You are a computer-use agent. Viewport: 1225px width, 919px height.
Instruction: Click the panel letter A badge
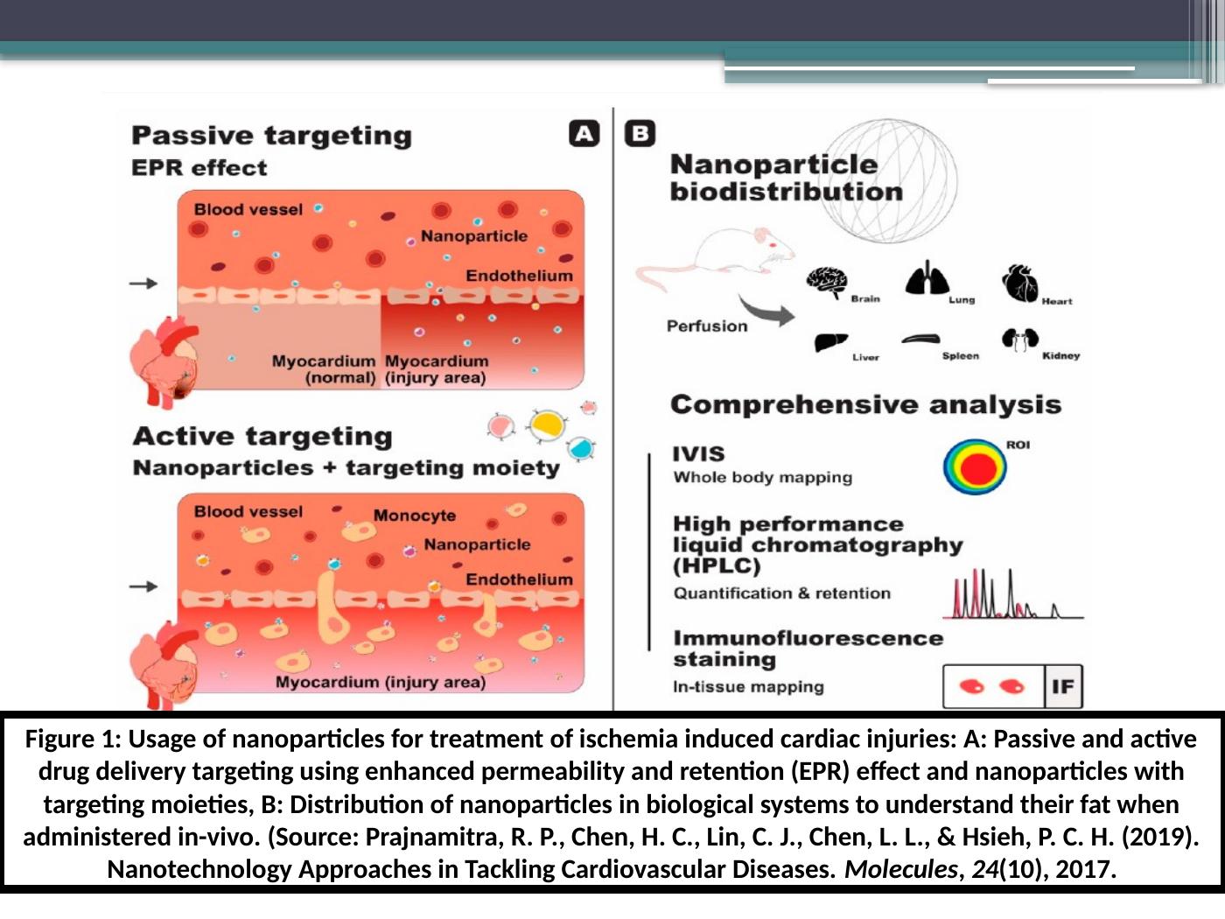tap(584, 133)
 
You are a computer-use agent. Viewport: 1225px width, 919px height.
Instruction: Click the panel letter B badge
tap(640, 133)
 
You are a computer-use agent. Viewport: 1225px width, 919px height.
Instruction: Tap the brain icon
tap(826, 283)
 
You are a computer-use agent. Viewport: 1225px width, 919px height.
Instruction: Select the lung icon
tap(927, 279)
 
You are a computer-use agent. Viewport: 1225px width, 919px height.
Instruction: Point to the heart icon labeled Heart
tap(1019, 283)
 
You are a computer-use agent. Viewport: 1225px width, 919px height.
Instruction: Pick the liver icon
tap(830, 342)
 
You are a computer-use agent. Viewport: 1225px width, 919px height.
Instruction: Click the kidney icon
tap(1019, 340)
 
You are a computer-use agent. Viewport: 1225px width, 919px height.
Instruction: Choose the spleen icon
tap(920, 340)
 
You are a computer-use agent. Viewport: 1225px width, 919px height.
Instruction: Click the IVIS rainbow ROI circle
tap(975, 467)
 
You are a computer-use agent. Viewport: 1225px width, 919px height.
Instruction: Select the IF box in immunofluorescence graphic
tap(1063, 686)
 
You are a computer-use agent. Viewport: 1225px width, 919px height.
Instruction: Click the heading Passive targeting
tap(271, 136)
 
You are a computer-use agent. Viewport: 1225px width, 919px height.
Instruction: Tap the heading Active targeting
tap(262, 436)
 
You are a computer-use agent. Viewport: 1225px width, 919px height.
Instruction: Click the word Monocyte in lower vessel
tap(415, 516)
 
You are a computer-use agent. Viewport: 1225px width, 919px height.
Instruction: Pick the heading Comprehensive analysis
tap(865, 404)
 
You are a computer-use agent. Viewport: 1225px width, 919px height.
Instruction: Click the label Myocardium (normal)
tap(323, 369)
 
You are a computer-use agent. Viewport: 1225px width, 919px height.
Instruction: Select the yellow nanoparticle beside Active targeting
tap(548, 425)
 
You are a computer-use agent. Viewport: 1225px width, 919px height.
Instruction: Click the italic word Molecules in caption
tap(900, 869)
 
